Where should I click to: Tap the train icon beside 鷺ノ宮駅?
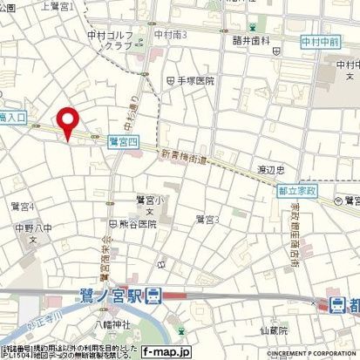[154, 294]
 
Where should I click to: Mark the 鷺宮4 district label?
[22, 206]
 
